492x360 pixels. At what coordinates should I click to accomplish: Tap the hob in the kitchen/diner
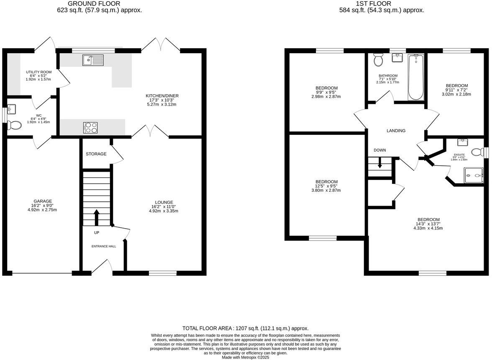coord(90,127)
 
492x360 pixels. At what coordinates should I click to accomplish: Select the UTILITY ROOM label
coord(38,72)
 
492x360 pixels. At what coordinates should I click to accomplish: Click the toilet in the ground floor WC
coord(15,125)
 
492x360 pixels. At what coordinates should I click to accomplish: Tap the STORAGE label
coord(96,154)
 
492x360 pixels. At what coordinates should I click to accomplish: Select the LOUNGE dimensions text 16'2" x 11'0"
coord(163,207)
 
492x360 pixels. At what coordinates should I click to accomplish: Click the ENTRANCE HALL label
coord(104,246)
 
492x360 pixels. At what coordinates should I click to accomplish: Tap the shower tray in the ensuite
coord(473,176)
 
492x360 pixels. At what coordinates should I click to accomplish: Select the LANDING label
coord(396,131)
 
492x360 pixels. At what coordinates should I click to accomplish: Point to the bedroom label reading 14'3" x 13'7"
coord(428,224)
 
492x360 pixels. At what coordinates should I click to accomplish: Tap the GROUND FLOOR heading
coord(100,4)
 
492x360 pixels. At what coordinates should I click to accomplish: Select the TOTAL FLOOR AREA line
coord(246,329)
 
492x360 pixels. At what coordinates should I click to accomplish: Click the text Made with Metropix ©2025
coord(246,357)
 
